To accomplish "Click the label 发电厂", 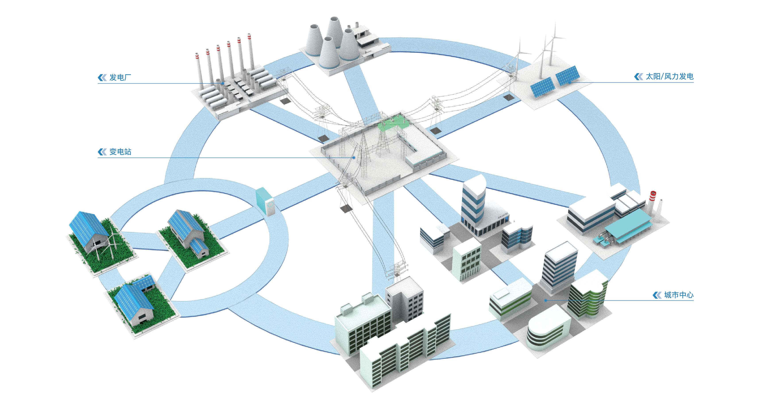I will tap(120, 77).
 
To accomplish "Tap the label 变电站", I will tap(120, 152).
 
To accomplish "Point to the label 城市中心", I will tap(679, 295).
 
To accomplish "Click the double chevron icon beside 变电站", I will tap(102, 152).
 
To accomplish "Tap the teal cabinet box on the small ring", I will tap(265, 201).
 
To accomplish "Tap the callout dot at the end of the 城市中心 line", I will tap(546, 300).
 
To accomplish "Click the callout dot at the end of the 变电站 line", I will tap(354, 158).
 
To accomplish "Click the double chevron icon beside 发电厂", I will tap(102, 77).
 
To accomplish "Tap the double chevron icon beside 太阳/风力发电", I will tap(638, 76).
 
